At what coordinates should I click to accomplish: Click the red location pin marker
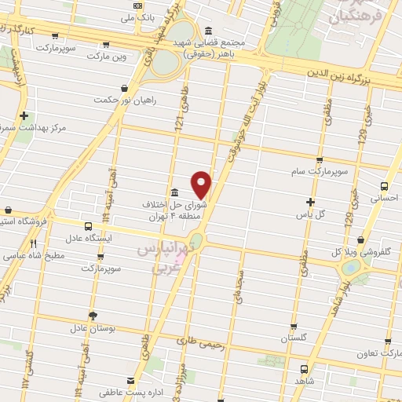pos(202,184)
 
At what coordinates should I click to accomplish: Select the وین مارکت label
pos(105,57)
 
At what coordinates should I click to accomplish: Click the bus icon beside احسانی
pos(384,186)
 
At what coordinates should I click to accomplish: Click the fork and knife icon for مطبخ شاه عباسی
pos(34,243)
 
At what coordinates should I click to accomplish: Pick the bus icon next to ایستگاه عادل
pos(86,226)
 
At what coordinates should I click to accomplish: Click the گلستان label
pos(295,338)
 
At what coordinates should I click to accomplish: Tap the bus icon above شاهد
pos(304,367)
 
